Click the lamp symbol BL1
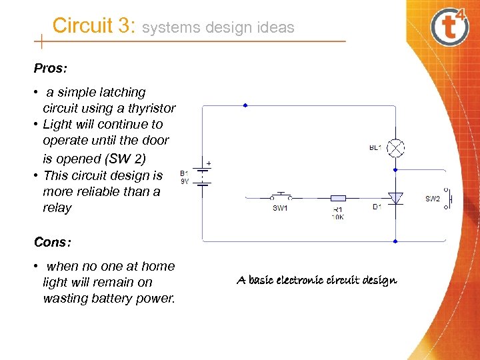coord(396,147)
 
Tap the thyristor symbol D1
coord(395,198)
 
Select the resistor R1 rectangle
coord(339,198)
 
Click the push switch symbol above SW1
coord(281,196)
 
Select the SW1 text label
coord(280,209)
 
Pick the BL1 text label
coord(375,148)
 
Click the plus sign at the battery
coord(208,163)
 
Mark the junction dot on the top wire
coord(245,105)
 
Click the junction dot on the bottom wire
coord(395,241)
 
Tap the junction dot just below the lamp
coord(395,170)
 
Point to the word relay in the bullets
coord(57,208)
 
